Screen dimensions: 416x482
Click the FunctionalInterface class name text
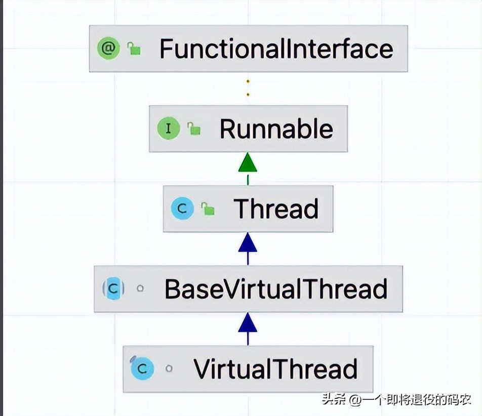coord(276,49)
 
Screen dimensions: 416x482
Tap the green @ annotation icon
coord(108,49)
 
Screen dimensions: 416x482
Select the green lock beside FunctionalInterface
coord(134,49)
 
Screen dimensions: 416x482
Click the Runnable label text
coord(276,129)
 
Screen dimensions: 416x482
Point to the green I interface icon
coord(168,129)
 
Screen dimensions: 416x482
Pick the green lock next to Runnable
coord(193,129)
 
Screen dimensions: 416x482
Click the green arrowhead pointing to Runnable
coord(248,163)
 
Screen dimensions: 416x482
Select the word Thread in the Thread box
coord(276,209)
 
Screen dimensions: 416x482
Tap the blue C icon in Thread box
coord(182,209)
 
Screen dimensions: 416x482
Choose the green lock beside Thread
coord(208,209)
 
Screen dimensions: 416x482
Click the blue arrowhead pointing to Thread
coord(248,243)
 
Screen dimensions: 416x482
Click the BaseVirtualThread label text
coord(276,289)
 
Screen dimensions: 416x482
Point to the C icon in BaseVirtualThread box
coord(114,289)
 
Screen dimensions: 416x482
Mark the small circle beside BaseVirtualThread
coord(140,289)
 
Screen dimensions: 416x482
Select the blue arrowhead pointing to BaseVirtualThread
coord(248,322)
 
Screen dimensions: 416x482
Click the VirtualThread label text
coord(276,369)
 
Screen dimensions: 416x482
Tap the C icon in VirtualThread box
coord(142,368)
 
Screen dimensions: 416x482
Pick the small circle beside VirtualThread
coord(169,369)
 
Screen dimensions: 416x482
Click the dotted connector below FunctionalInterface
coord(248,88)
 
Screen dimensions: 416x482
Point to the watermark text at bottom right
coord(397,400)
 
